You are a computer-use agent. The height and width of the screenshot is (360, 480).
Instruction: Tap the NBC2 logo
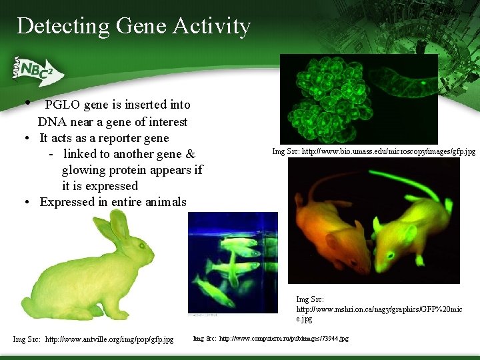tap(37, 70)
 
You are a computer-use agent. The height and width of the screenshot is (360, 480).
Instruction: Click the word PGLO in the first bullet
tap(63, 105)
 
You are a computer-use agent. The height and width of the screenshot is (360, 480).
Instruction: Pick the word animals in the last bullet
tap(166, 202)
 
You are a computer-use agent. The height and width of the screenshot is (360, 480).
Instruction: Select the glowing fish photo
tap(233, 262)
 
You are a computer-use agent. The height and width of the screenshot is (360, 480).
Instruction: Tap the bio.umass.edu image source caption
tap(374, 151)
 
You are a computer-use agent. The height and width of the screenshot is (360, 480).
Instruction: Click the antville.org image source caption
tap(93, 339)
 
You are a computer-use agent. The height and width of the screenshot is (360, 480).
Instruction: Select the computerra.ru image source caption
tap(271, 339)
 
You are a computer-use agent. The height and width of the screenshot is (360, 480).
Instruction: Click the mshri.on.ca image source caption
tap(378, 310)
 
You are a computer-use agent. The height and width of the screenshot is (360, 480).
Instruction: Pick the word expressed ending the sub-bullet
tap(109, 186)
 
